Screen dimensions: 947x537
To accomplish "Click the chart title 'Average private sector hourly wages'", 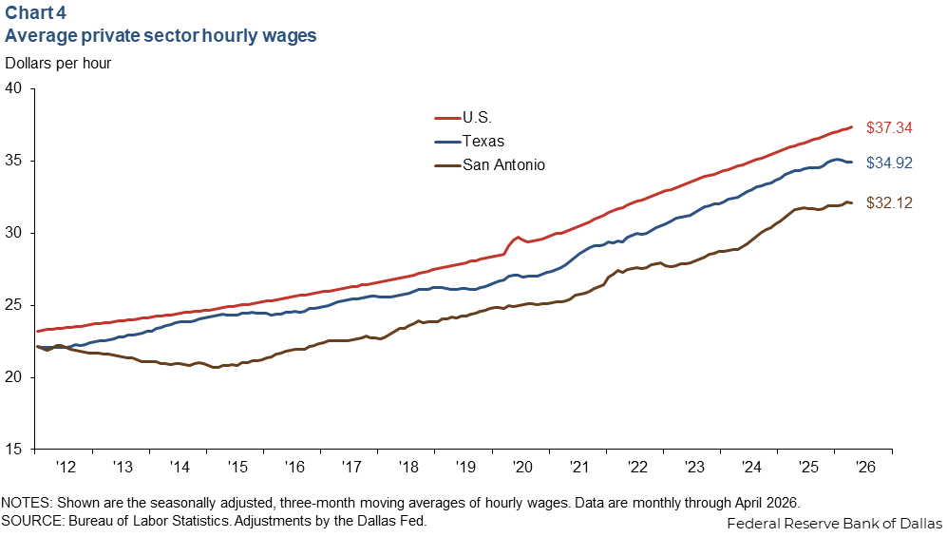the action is (161, 35).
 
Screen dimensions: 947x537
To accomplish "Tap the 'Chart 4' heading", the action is (36, 12).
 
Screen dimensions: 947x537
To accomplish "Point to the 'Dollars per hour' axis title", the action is (58, 64).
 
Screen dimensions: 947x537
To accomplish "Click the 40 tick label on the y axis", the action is (13, 88).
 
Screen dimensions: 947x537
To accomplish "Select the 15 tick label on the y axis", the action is (13, 449).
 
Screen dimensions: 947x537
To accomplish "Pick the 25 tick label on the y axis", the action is (13, 305).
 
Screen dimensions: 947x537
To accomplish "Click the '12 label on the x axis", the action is (66, 467).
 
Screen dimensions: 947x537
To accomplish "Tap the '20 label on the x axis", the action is (521, 467).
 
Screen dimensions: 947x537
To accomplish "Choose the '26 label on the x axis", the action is (865, 467).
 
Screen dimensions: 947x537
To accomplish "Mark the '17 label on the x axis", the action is (350, 467).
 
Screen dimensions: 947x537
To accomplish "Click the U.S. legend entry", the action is (464, 117).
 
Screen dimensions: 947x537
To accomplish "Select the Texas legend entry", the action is (469, 142).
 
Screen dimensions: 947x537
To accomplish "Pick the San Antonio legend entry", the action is (490, 165).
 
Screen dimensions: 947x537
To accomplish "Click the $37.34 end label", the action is (889, 127).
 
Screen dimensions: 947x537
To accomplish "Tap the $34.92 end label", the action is (889, 163).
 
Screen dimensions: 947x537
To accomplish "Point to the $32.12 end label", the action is (889, 203).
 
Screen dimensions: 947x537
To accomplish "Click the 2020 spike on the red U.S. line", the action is (517, 238).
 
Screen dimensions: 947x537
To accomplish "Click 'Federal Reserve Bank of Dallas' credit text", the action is (834, 523).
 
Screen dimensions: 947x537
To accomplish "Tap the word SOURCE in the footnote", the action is (31, 521).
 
